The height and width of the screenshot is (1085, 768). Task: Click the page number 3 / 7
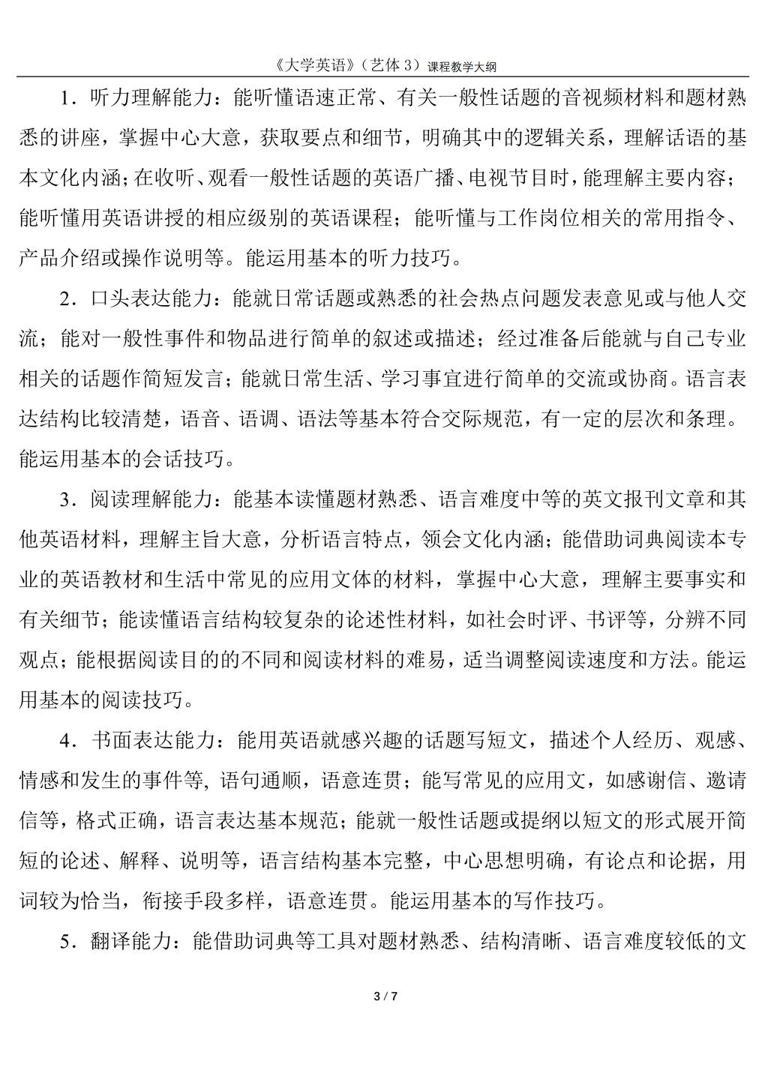coord(384,997)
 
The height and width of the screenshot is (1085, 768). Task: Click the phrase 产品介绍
coord(58,259)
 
